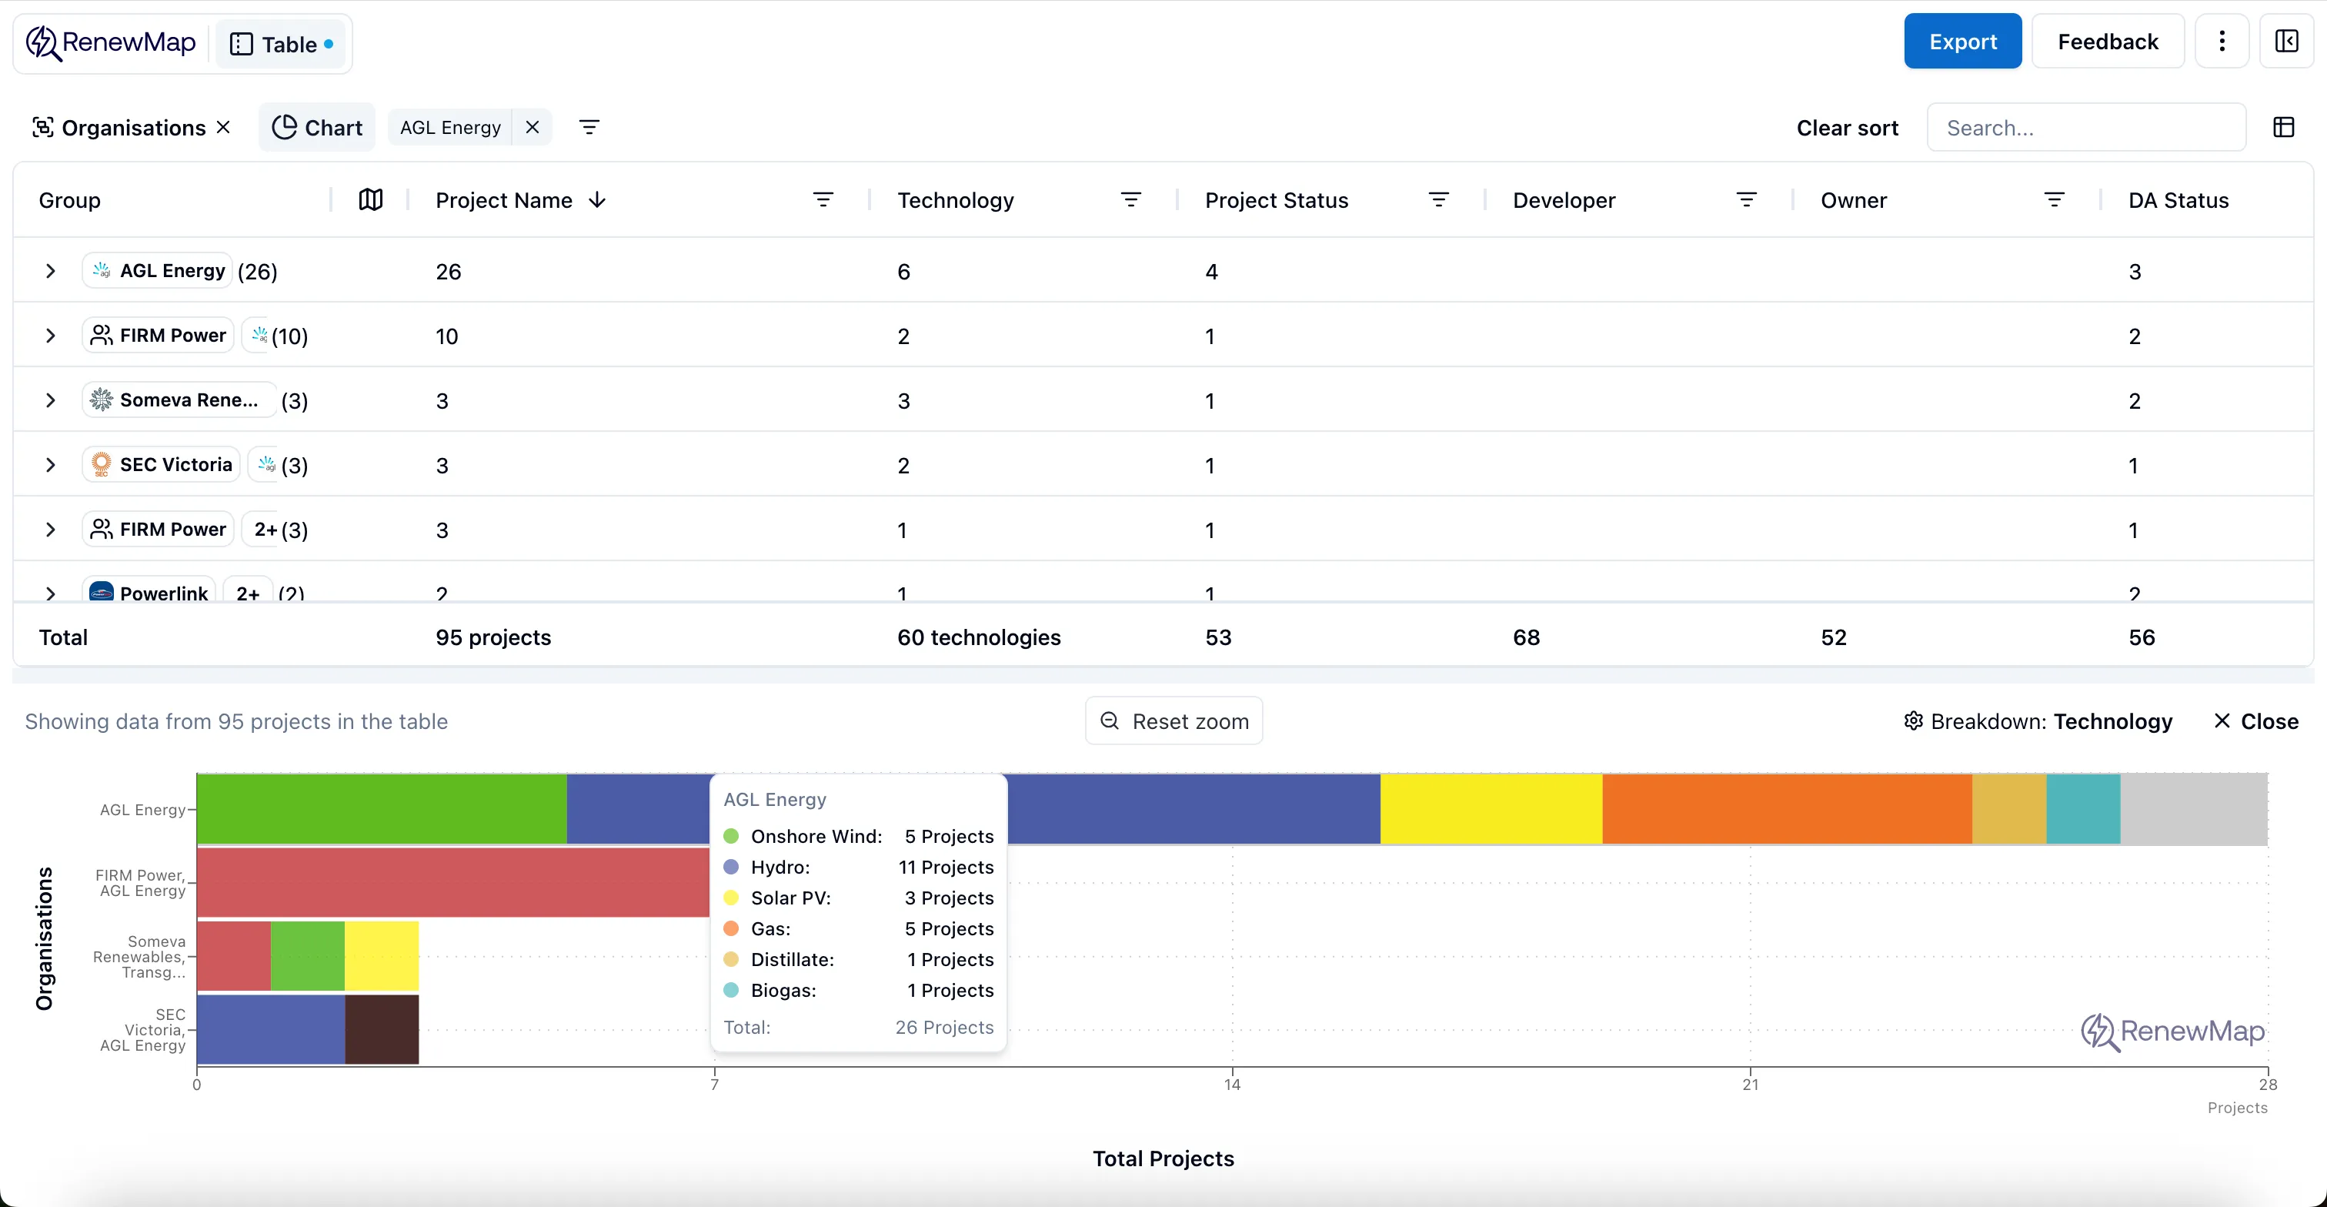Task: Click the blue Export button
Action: coord(1962,42)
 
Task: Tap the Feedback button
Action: coord(2107,42)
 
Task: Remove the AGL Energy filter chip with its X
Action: coord(532,127)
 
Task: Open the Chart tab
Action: coord(317,127)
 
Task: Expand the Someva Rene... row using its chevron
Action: coord(51,400)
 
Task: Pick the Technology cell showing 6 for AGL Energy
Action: coord(903,272)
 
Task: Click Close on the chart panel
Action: coord(2255,722)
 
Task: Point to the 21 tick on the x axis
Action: coord(1750,1083)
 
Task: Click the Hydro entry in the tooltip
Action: coord(780,868)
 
